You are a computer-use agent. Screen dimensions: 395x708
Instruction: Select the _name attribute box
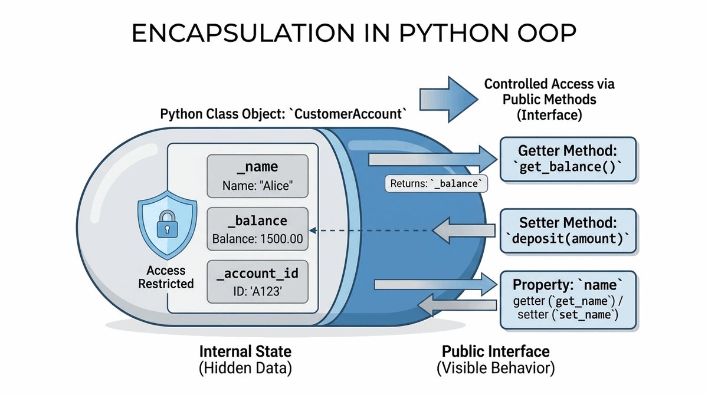[x=257, y=176]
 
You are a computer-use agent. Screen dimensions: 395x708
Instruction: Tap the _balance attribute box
[x=257, y=229]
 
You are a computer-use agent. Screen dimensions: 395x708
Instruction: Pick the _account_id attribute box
[x=257, y=282]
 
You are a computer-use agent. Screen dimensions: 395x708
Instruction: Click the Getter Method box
[x=568, y=159]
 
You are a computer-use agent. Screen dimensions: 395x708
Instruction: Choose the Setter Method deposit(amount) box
[x=568, y=231]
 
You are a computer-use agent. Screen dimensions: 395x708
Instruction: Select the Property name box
[x=568, y=299]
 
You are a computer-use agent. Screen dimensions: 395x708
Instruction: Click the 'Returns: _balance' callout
[x=437, y=184]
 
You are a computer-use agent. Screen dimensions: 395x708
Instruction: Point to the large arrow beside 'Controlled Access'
[x=445, y=97]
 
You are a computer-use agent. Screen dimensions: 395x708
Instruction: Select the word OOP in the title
[x=543, y=34]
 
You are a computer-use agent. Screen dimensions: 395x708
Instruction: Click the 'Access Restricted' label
[x=166, y=277]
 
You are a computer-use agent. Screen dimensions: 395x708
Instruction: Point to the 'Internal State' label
[x=245, y=352]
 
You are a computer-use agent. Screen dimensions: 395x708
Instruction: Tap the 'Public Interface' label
[x=496, y=352]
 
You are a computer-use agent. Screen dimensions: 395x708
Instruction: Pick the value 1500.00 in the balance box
[x=277, y=241]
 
